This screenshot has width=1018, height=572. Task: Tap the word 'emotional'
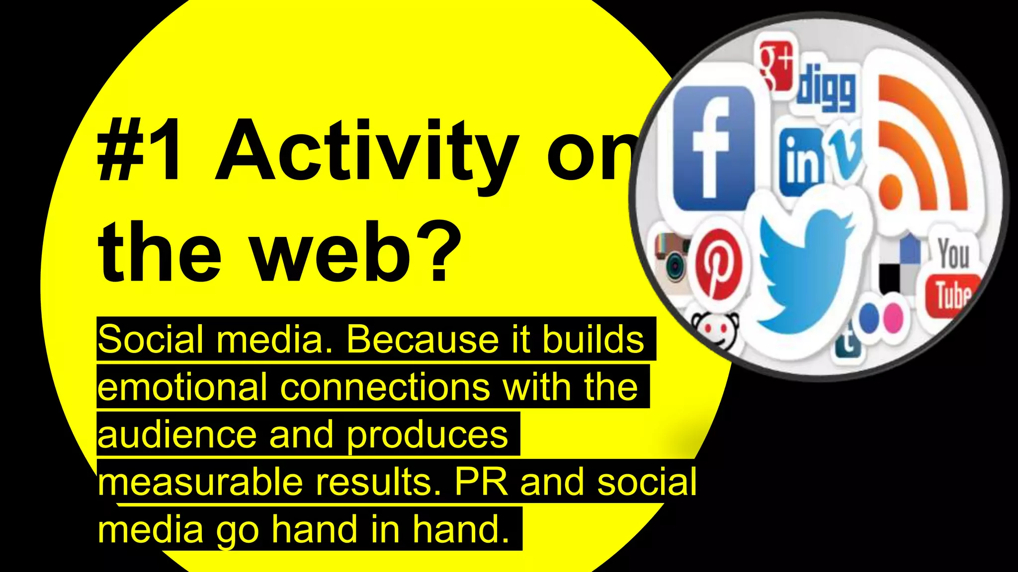[x=182, y=387]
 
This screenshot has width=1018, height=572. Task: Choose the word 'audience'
[x=177, y=434]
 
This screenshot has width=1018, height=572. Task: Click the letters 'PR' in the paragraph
[x=481, y=482]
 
